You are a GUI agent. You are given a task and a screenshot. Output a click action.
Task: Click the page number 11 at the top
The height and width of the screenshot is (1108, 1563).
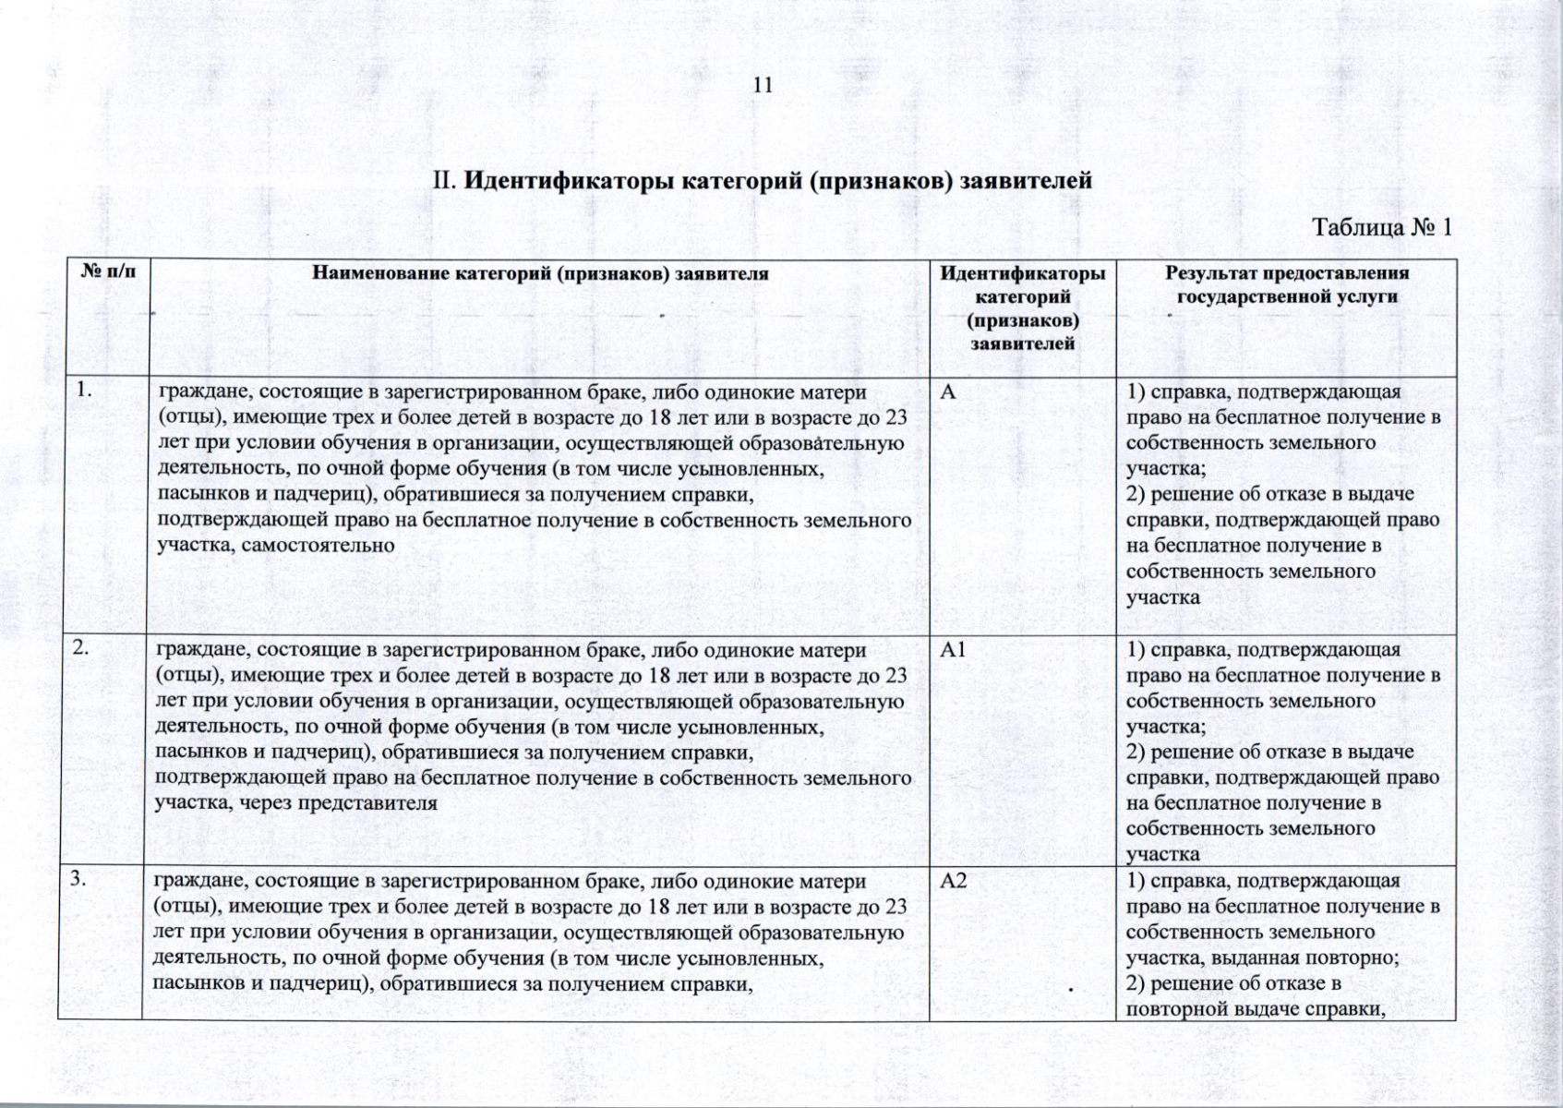pos(763,86)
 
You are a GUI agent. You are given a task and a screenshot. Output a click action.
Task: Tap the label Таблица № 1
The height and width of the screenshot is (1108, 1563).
pos(1382,227)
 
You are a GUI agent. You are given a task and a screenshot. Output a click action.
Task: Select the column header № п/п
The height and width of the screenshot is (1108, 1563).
pos(107,273)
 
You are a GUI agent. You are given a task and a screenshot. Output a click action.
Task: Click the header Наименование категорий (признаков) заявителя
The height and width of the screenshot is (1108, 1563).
pos(540,273)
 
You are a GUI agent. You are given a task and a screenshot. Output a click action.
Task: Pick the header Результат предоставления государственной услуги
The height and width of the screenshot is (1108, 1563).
pos(1286,284)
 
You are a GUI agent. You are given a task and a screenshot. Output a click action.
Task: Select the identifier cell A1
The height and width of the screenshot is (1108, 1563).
pos(953,650)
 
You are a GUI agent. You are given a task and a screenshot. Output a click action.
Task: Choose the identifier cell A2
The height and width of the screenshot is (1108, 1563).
pos(954,881)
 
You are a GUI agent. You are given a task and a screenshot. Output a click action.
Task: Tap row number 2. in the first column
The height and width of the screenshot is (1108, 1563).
pos(82,648)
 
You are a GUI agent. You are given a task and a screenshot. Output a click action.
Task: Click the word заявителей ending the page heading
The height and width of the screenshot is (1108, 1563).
pos(1026,180)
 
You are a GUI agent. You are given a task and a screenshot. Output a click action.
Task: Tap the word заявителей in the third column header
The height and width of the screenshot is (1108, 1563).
pos(1022,344)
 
